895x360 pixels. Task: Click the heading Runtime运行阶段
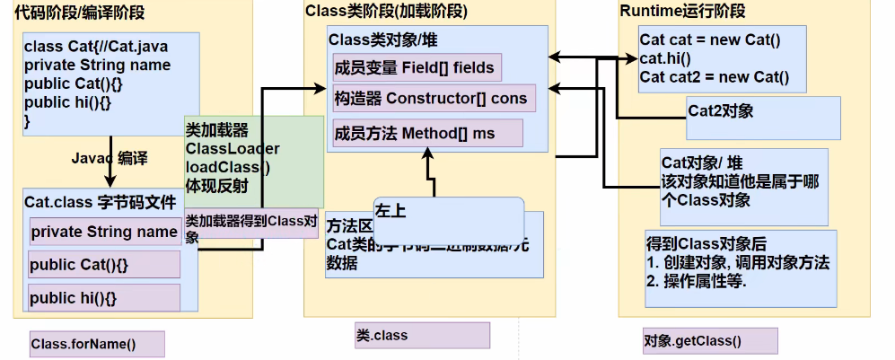682,12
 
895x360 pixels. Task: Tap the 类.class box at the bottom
421,336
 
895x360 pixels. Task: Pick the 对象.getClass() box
709,341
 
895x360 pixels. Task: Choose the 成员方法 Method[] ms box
426,133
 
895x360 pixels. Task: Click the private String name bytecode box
104,232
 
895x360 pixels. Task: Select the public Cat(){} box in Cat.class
104,265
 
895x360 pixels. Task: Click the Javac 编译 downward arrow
111,159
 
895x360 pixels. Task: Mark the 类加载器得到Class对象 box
251,228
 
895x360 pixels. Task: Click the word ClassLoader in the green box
233,149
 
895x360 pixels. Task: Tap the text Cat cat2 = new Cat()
714,76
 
